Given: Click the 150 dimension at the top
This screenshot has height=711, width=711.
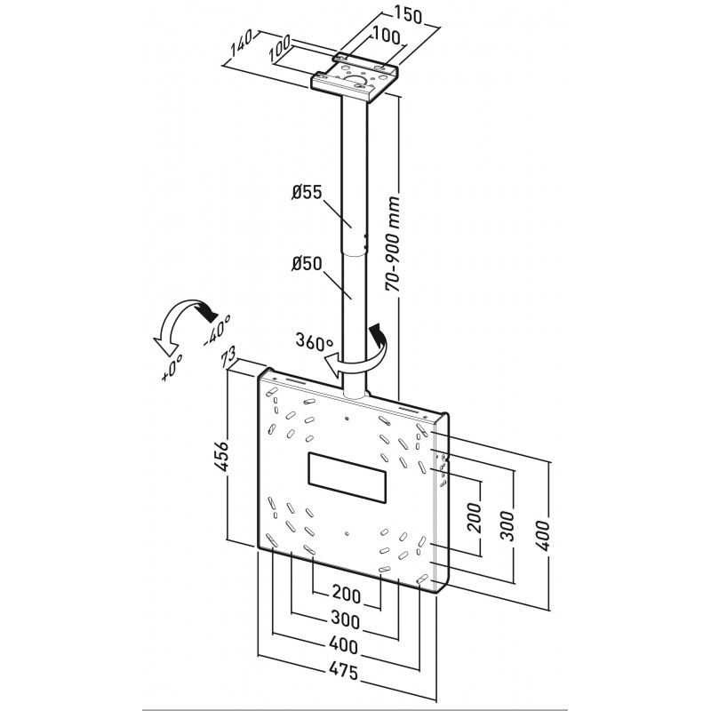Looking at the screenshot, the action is tap(407, 15).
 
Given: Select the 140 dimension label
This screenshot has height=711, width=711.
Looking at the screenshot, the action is tap(240, 44).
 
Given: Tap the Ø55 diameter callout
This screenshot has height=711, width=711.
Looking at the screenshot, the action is tap(306, 193).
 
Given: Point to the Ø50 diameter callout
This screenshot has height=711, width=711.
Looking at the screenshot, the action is tap(306, 263).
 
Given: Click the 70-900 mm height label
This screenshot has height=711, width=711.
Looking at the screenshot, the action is tap(393, 243).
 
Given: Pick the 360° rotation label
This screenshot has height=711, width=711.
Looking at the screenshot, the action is tap(314, 341).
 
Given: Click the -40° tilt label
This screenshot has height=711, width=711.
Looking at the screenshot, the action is tap(217, 331).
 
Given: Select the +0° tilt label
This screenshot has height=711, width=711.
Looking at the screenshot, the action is tap(172, 367).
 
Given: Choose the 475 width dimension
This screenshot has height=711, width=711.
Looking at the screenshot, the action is tap(344, 672).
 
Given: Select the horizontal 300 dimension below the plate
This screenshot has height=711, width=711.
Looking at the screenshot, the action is tap(346, 619).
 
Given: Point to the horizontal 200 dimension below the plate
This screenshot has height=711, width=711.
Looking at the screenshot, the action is tap(347, 595).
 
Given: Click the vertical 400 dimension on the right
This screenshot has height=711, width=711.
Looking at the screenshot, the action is tap(543, 536).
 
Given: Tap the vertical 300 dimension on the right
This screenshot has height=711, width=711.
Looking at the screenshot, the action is tap(508, 526).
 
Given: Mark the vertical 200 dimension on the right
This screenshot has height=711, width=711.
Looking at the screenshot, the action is tap(475, 517).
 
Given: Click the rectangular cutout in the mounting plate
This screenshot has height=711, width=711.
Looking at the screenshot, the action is tap(348, 477).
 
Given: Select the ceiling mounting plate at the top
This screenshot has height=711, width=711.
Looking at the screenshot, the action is tap(355, 77).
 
